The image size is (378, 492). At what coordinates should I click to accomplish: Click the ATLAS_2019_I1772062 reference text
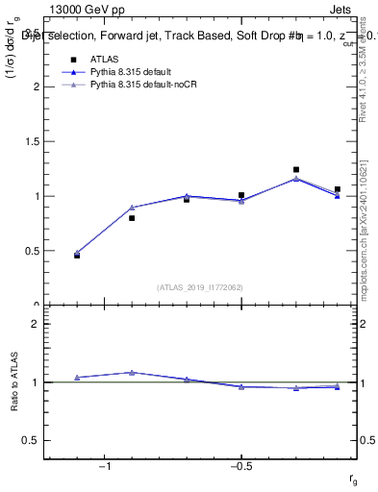pos(200,286)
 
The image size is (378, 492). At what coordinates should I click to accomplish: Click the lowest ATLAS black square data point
pos(77,256)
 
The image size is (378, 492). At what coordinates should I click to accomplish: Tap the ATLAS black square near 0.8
pos(132,218)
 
